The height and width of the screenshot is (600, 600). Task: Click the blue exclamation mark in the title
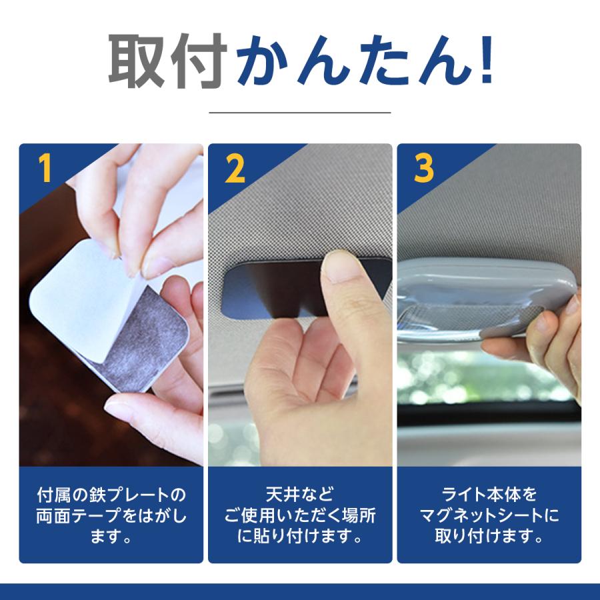pos(487,60)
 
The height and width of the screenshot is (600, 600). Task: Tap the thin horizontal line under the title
pos(299,113)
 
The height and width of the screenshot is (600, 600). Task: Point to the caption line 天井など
pos(299,494)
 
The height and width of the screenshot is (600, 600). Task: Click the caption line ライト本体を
pos(489,494)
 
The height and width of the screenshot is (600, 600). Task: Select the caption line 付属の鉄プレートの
pos(111,495)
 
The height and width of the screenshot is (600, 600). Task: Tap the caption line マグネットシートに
pos(489,515)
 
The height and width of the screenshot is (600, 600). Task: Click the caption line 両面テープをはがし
pos(111,515)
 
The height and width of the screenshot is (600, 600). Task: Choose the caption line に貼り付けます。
pos(299,536)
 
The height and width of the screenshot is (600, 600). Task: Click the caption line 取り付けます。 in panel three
pos(489,536)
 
